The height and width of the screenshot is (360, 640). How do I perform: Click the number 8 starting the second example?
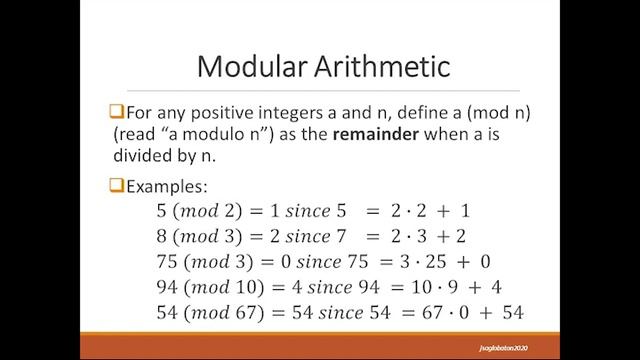pyautogui.click(x=151, y=238)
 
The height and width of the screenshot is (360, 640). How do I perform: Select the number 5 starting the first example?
pyautogui.click(x=151, y=212)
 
